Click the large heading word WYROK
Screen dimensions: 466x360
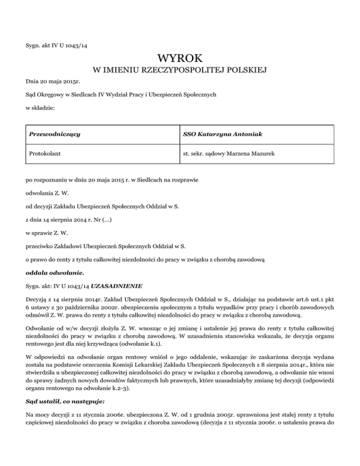coord(180,60)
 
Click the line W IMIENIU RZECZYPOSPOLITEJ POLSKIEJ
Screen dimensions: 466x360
coord(180,71)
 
